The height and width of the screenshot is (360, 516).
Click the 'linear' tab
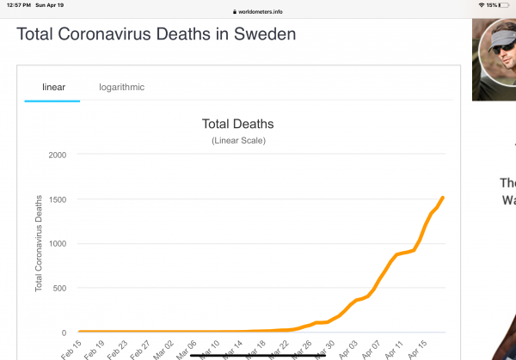point(53,87)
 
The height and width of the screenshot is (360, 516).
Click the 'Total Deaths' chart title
point(237,125)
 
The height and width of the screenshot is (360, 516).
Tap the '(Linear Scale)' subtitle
point(237,140)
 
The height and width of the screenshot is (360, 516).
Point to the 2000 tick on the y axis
point(58,155)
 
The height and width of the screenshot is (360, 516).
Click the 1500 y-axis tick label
point(58,199)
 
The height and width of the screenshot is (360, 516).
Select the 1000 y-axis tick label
point(58,243)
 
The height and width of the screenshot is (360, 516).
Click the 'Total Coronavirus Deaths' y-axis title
point(39,242)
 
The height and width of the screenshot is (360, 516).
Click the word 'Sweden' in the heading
point(256,35)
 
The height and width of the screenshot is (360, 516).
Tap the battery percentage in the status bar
point(492,5)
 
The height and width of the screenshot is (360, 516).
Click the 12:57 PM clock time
point(18,5)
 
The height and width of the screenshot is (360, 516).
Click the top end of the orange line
point(442,198)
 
